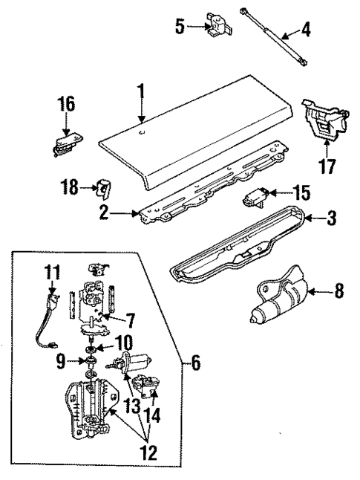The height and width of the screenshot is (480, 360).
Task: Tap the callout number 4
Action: click(x=306, y=32)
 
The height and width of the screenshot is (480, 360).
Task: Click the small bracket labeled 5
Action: click(x=217, y=26)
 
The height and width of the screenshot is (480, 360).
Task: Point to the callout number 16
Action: click(x=67, y=103)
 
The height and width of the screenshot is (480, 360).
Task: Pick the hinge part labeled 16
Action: click(x=67, y=142)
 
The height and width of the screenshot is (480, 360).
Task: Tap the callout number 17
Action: click(x=324, y=167)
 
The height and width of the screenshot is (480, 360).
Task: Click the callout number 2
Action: click(x=105, y=214)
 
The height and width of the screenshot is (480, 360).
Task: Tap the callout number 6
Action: click(x=196, y=363)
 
